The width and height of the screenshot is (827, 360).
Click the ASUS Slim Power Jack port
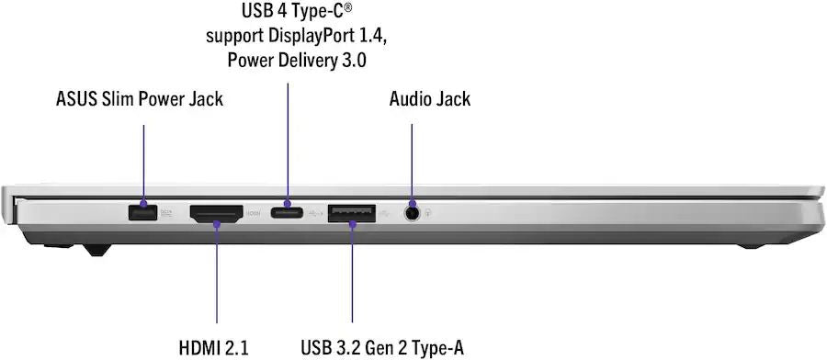pos(143,212)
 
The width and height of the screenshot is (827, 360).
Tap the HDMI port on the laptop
pos(216,213)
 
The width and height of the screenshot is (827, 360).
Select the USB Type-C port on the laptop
pos(287,213)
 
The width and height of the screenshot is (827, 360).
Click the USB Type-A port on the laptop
pos(352,212)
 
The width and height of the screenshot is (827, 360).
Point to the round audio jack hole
pos(412,213)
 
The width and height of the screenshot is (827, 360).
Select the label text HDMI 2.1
pos(213,348)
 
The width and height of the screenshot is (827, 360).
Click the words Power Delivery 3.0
pos(297,60)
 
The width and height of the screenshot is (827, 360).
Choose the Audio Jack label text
pos(430,99)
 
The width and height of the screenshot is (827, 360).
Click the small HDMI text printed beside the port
pos(254,213)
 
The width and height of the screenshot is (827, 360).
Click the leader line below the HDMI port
pos(217,273)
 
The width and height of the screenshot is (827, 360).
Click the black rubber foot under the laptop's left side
pos(97,250)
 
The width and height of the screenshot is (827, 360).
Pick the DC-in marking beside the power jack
pos(166,213)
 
